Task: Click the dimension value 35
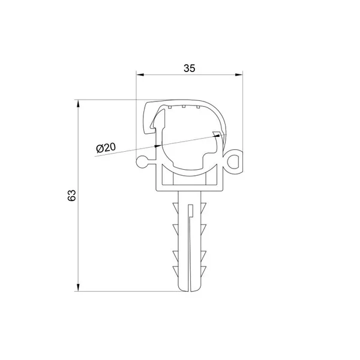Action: (190, 68)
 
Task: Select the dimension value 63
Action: (71, 196)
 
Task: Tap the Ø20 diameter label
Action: (106, 148)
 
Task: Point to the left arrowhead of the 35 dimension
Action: (140, 74)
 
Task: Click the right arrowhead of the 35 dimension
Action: (239, 74)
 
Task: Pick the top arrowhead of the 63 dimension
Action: (78, 104)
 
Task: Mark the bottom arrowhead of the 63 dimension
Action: (78, 287)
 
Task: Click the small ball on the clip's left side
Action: (142, 162)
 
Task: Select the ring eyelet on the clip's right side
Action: (234, 161)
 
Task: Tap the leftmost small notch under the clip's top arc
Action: (169, 107)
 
